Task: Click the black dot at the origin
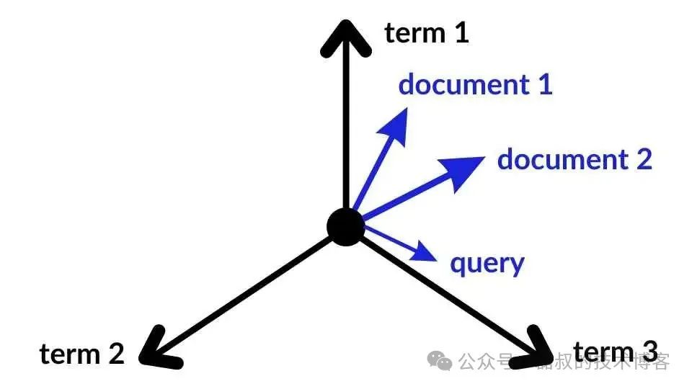347,226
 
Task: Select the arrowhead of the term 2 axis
153,352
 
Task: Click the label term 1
427,32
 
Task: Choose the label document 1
475,84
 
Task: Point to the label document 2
575,158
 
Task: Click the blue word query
487,264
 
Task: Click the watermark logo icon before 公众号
442,359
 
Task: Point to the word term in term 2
68,354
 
